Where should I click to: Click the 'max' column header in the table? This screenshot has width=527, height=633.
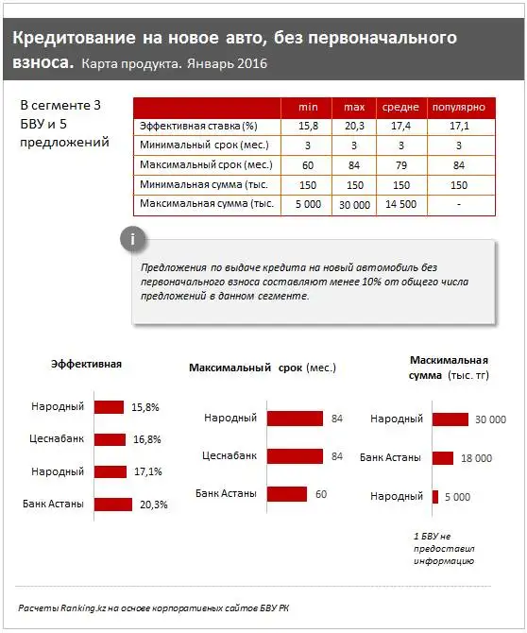(x=354, y=107)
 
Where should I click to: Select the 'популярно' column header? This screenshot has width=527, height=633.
(x=459, y=107)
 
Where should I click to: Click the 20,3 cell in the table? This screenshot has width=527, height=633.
(x=354, y=126)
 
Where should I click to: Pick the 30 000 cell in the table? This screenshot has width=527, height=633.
(x=354, y=204)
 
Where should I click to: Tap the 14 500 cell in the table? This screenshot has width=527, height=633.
(x=400, y=204)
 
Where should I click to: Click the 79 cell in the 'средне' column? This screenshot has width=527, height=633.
(x=400, y=165)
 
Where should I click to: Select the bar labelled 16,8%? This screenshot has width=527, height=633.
(x=110, y=439)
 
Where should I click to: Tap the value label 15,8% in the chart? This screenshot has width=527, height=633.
(x=145, y=407)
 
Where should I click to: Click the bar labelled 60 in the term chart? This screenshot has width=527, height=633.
(x=287, y=493)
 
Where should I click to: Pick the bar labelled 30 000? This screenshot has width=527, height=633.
(x=450, y=419)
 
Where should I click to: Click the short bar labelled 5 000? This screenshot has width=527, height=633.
(x=435, y=496)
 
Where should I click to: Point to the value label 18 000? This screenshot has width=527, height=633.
(x=477, y=458)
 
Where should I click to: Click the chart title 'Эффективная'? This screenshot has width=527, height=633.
(x=86, y=364)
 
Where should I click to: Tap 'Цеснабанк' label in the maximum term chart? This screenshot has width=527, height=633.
(x=229, y=455)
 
